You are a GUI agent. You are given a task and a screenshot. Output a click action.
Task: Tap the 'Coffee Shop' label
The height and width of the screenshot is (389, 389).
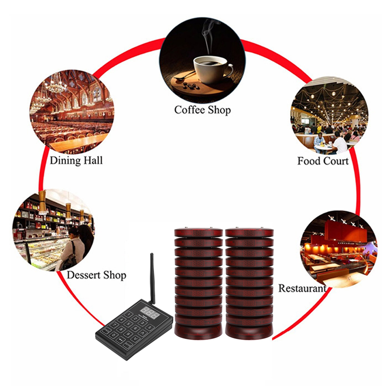[x=202, y=110]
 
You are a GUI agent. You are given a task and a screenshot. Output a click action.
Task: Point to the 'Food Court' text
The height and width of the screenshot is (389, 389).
[x=323, y=161]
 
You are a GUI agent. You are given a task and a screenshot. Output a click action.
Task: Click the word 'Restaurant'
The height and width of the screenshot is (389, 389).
[x=302, y=288]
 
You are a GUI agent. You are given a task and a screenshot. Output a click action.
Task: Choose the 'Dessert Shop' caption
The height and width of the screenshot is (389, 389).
[x=96, y=275]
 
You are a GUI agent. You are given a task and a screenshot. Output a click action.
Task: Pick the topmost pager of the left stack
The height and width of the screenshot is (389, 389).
[x=198, y=233]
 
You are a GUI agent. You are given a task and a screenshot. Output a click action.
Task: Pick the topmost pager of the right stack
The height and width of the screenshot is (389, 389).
[x=249, y=233]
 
